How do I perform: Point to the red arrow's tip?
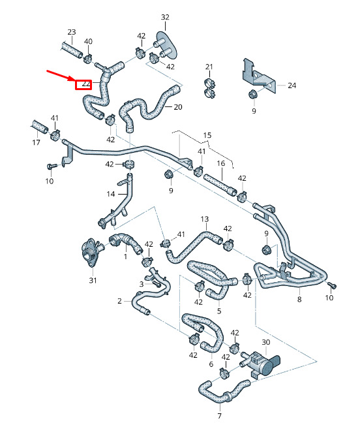pyautogui.click(x=74, y=80)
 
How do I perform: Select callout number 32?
pyautogui.click(x=165, y=17)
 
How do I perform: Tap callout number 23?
pyautogui.click(x=72, y=32)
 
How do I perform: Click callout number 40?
pyautogui.click(x=88, y=41)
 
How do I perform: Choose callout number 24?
pyautogui.click(x=292, y=86)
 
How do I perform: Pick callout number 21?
pyautogui.click(x=209, y=67)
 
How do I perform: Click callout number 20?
pyautogui.click(x=177, y=107)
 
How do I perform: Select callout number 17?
pyautogui.click(x=36, y=142)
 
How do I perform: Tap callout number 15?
pyautogui.click(x=207, y=135)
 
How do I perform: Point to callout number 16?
pyautogui.click(x=221, y=163)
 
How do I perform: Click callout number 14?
pyautogui.click(x=110, y=194)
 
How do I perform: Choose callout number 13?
pyautogui.click(x=205, y=219)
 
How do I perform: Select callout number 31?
pyautogui.click(x=93, y=280)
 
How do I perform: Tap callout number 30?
pyautogui.click(x=266, y=342)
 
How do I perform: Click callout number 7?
pyautogui.click(x=220, y=416)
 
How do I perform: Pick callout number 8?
pyautogui.click(x=299, y=299)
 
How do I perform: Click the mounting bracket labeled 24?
pyautogui.click(x=258, y=76)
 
